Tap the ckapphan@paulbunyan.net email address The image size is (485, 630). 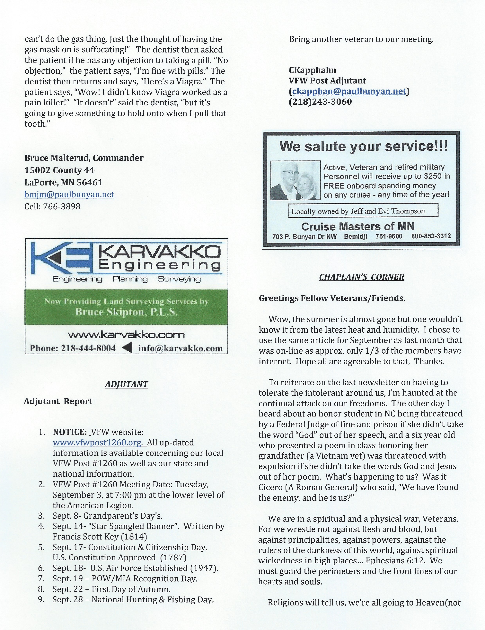coord(349,91)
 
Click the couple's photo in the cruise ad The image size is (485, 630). coord(295,180)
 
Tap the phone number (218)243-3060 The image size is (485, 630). coord(320,102)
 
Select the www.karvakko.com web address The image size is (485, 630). coord(126,335)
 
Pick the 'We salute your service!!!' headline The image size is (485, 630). coord(364,147)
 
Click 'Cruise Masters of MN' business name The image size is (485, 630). coord(358,226)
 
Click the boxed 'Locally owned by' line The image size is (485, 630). coord(358,211)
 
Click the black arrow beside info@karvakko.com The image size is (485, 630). coord(127,348)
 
